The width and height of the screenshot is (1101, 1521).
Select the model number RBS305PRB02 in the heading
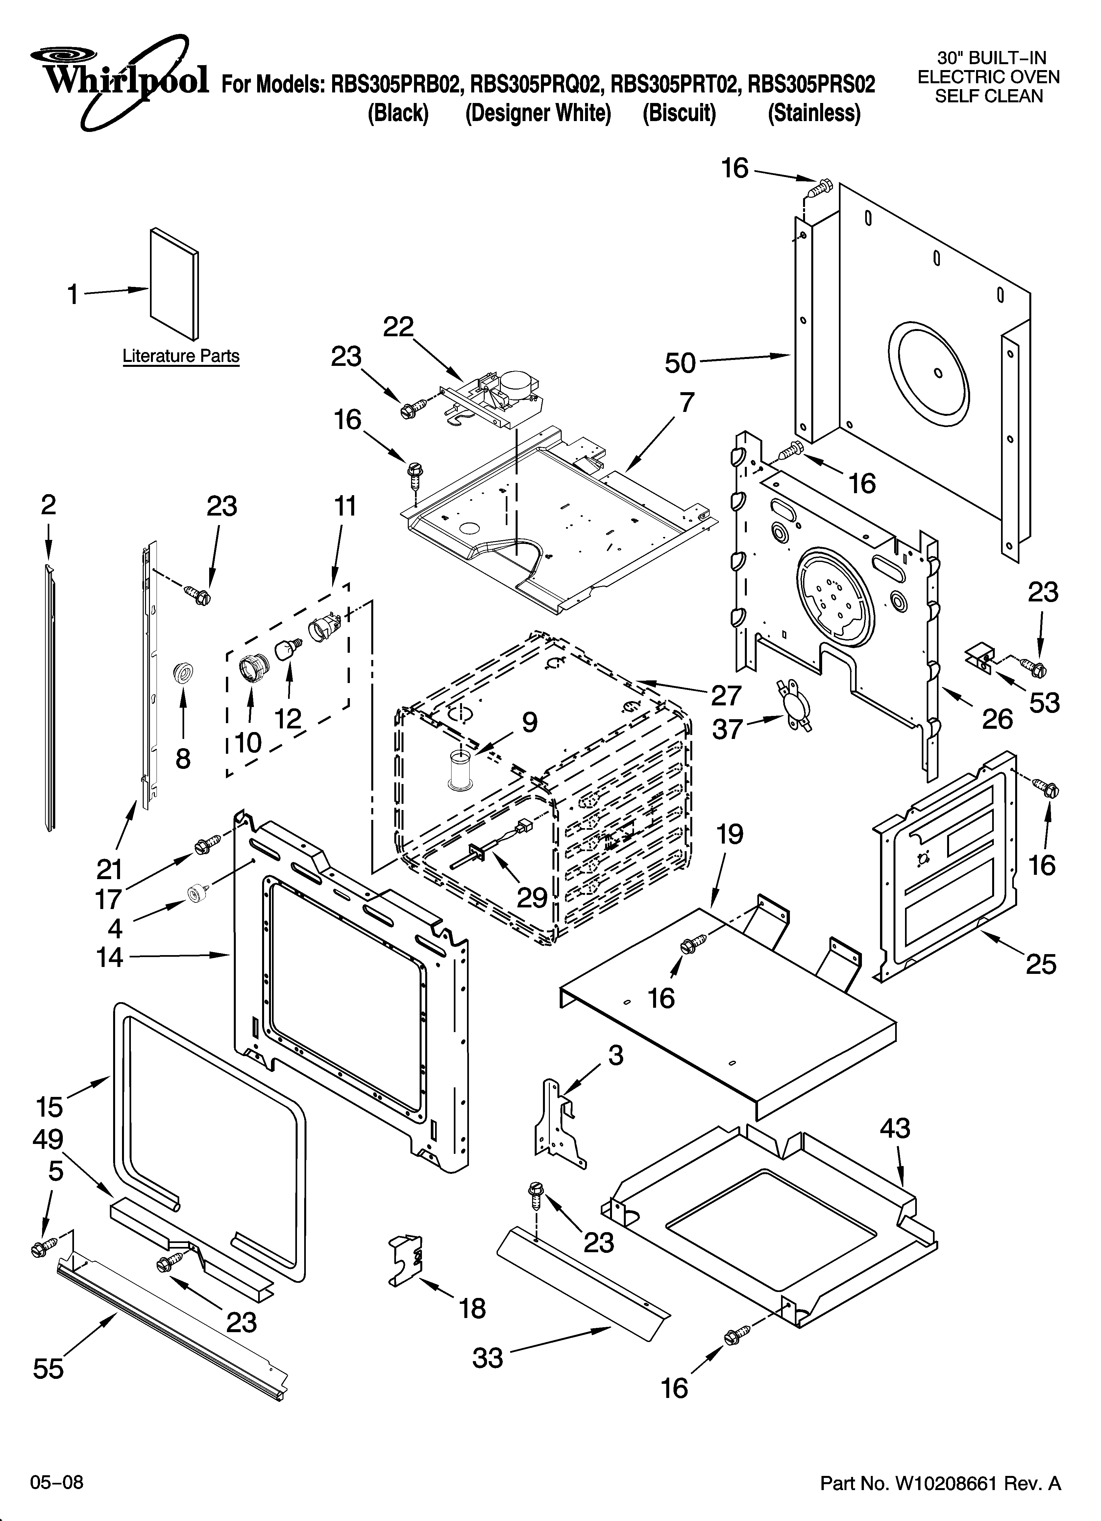[x=396, y=85]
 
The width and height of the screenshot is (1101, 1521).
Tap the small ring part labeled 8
[x=182, y=671]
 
